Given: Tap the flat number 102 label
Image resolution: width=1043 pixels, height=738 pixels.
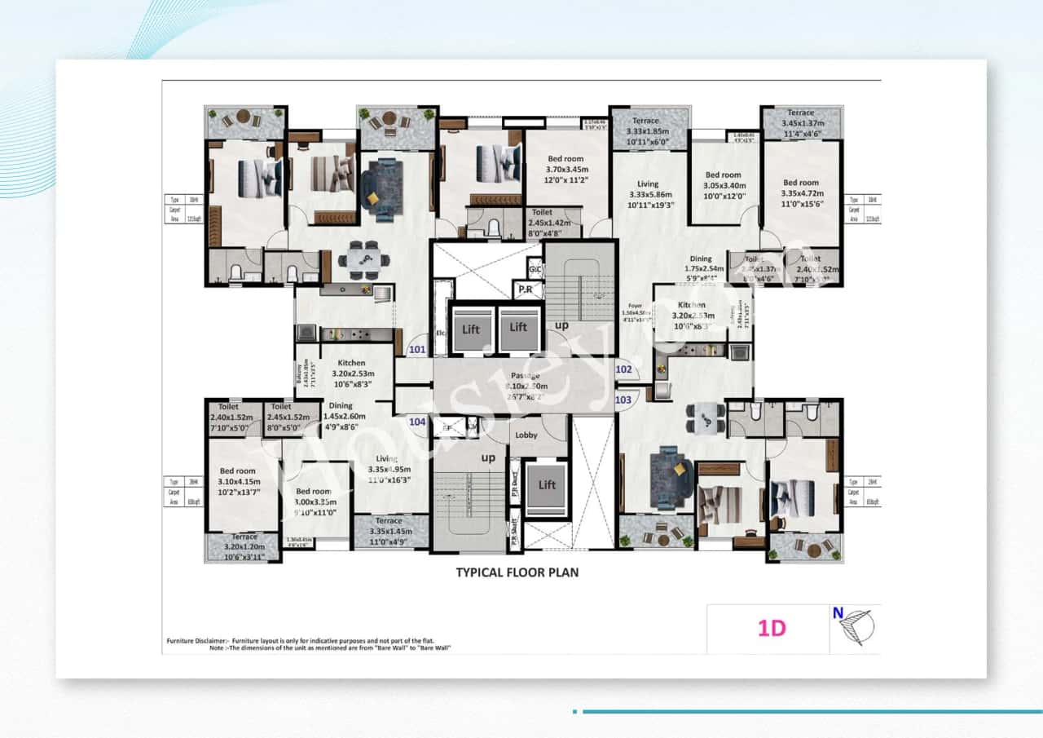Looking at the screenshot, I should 623,369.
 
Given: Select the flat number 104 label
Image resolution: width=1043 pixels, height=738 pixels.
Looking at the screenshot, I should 417,422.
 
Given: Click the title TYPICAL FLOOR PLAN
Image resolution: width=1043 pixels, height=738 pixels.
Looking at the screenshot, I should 517,572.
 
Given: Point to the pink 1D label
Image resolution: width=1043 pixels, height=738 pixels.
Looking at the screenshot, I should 771,629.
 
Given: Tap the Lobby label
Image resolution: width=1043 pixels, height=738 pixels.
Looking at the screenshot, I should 526,435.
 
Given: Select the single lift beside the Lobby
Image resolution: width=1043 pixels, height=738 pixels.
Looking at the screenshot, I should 546,485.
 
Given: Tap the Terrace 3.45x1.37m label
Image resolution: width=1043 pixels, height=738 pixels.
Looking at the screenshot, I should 800,125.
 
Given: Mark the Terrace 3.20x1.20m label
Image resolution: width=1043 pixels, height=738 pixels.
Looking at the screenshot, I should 244,546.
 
